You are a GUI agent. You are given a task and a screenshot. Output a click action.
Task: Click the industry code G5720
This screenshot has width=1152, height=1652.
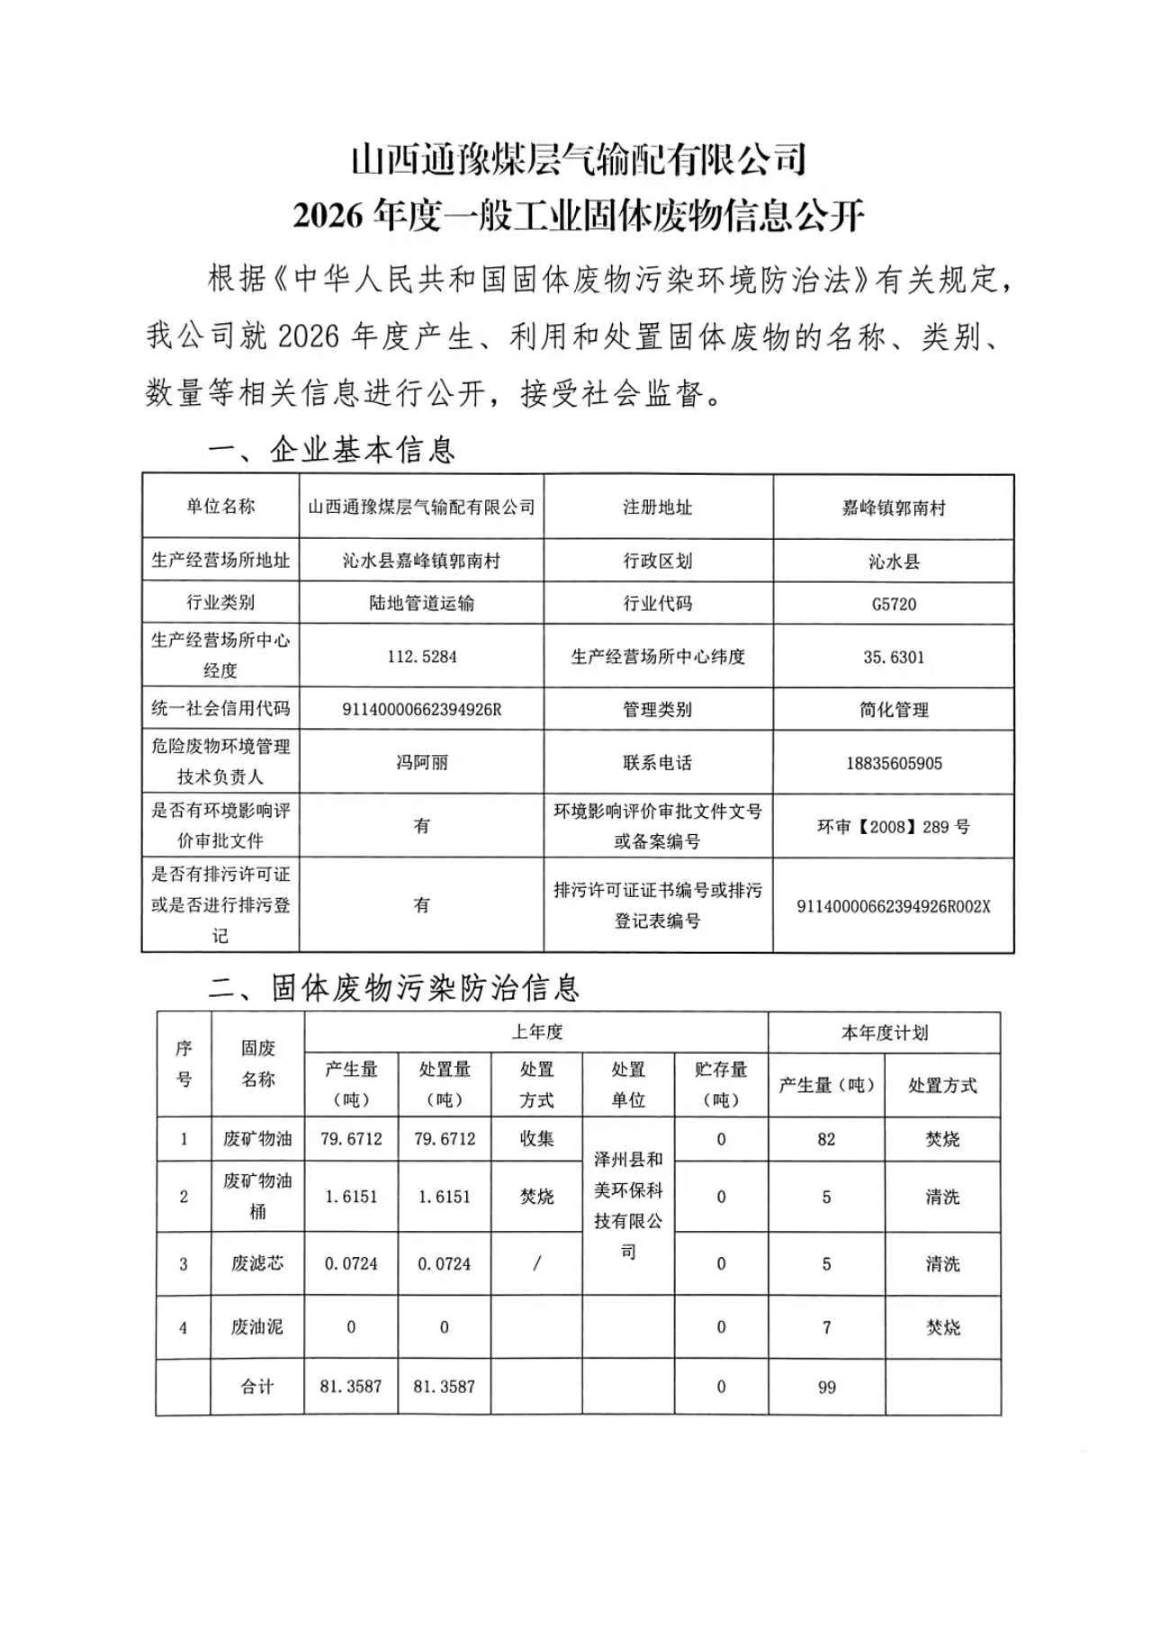click(x=894, y=604)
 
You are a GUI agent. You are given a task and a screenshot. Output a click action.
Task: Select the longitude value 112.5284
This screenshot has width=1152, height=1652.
click(x=422, y=657)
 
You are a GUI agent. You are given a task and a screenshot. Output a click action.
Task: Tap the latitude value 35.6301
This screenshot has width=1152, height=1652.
click(x=894, y=657)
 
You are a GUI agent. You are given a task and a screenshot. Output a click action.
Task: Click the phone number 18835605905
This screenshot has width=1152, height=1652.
click(x=894, y=763)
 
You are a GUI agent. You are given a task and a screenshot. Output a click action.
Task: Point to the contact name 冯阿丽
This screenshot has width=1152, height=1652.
click(x=422, y=763)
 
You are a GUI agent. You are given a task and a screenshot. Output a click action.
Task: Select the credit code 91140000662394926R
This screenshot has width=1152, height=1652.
click(x=422, y=710)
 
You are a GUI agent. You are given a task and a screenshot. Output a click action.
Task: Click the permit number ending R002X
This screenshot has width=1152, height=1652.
click(x=894, y=906)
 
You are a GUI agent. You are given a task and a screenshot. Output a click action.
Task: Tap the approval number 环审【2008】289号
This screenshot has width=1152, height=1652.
click(x=894, y=826)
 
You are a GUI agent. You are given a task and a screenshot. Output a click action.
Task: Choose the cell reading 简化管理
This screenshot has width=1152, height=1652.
click(x=894, y=710)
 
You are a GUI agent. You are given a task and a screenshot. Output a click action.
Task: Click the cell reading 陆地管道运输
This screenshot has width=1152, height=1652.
click(x=422, y=604)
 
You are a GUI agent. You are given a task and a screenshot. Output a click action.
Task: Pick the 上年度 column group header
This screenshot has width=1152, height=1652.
click(x=537, y=1032)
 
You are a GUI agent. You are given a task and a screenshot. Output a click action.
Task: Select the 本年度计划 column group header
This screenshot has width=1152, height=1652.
click(x=885, y=1032)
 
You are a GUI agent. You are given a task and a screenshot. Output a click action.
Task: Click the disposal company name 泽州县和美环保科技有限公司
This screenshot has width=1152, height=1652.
click(x=628, y=1206)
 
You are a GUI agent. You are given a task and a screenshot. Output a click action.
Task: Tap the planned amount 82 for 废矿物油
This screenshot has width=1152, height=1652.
click(x=826, y=1139)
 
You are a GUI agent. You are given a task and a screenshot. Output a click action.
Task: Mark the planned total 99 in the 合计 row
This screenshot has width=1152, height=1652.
click(x=826, y=1387)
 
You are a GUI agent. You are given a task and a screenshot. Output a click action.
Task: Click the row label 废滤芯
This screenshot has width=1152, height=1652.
click(x=257, y=1263)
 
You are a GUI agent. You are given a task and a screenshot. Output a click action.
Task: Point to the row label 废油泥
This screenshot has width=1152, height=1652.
click(x=257, y=1327)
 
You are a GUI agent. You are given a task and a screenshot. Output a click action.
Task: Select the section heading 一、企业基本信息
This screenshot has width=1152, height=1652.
click(x=332, y=449)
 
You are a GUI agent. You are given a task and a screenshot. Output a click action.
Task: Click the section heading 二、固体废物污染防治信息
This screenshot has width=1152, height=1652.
click(x=394, y=988)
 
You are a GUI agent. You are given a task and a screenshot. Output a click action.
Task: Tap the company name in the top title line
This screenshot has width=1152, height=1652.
click(x=578, y=160)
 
